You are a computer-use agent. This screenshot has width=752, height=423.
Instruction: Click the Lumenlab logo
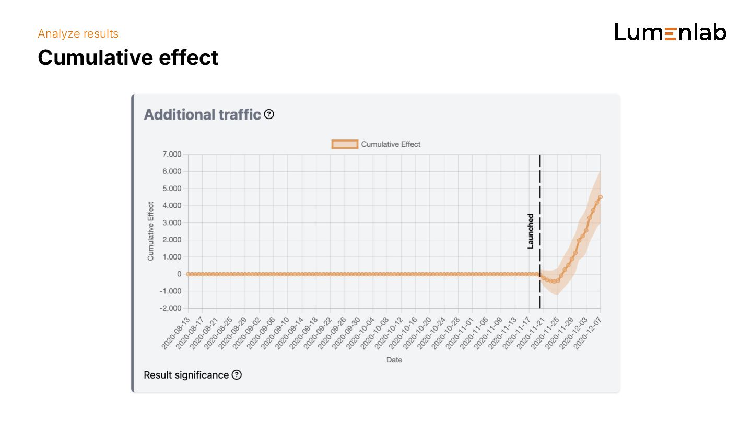coord(671,32)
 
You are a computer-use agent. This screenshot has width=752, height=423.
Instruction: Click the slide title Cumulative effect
coord(128,57)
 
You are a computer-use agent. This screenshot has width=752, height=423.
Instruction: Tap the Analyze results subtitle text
coord(78,34)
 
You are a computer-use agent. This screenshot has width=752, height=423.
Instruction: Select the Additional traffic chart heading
coord(202,114)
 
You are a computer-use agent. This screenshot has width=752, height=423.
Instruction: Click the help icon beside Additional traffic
coord(269,114)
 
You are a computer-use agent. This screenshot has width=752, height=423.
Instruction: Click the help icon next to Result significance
coord(237,374)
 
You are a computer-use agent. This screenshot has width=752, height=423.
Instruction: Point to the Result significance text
coord(186,375)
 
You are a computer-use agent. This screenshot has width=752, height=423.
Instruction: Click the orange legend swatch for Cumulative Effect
coord(345,144)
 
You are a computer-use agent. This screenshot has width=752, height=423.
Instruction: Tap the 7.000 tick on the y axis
coord(171,154)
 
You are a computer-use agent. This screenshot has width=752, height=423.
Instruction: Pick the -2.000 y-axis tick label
coord(170,308)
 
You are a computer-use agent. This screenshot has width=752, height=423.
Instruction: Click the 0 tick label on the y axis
coord(179,274)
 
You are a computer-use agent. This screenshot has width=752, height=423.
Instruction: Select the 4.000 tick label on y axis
coord(171,205)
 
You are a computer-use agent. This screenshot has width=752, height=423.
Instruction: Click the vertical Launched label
coord(531,231)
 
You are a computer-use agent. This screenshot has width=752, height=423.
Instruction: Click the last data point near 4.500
coord(601,197)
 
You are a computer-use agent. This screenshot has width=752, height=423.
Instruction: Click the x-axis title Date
coord(394,360)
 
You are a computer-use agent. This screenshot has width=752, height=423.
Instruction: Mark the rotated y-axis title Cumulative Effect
coord(151,231)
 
